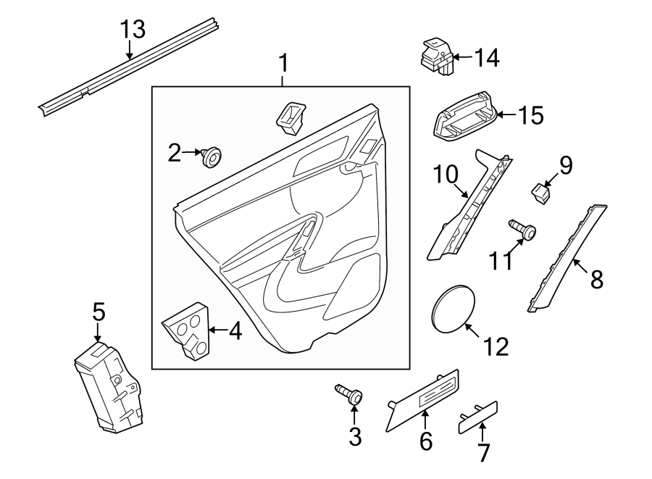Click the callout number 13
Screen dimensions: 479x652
pyautogui.click(x=133, y=30)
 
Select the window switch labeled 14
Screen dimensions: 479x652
pyautogui.click(x=437, y=56)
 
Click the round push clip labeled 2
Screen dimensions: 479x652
pyautogui.click(x=212, y=155)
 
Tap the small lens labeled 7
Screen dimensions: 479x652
pyautogui.click(x=478, y=418)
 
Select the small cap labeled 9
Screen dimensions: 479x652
pyautogui.click(x=540, y=192)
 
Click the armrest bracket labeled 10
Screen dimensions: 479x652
pyautogui.click(x=468, y=205)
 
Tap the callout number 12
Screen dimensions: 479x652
pyautogui.click(x=496, y=346)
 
